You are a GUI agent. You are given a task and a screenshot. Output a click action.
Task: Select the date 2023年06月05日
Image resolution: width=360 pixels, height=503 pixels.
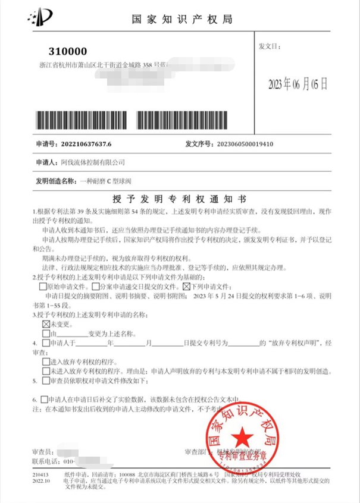pyautogui.click(x=298, y=83)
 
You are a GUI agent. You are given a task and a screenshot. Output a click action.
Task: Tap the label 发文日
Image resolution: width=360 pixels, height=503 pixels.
pyautogui.click(x=267, y=46)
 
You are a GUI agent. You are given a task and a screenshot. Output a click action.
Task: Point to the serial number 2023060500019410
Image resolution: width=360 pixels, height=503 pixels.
pyautogui.click(x=238, y=144)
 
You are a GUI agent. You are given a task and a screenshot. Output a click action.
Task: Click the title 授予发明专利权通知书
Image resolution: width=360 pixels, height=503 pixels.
pyautogui.click(x=179, y=198)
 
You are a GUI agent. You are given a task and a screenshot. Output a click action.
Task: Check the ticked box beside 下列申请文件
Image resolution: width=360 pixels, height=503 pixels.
pyautogui.click(x=185, y=286)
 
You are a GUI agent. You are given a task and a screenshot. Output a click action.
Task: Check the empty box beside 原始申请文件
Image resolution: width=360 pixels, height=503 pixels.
pyautogui.click(x=43, y=286)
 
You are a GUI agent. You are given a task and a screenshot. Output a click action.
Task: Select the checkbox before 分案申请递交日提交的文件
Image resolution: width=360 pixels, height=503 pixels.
pyautogui.click(x=95, y=286)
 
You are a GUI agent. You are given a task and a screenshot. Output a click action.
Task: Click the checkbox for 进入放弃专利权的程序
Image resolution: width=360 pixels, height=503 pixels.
pyautogui.click(x=46, y=361)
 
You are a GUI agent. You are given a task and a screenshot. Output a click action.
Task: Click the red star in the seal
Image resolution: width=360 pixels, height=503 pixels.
pyautogui.click(x=242, y=440)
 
